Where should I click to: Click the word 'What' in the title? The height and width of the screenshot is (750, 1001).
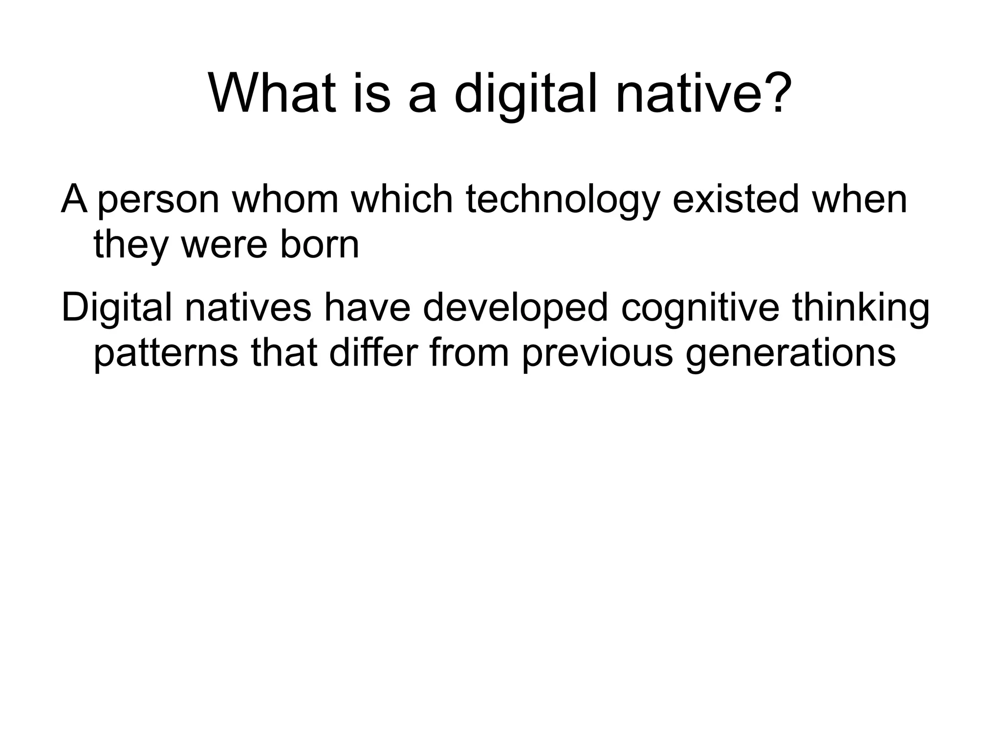click(273, 93)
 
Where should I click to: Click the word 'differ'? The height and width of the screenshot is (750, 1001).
click(373, 352)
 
